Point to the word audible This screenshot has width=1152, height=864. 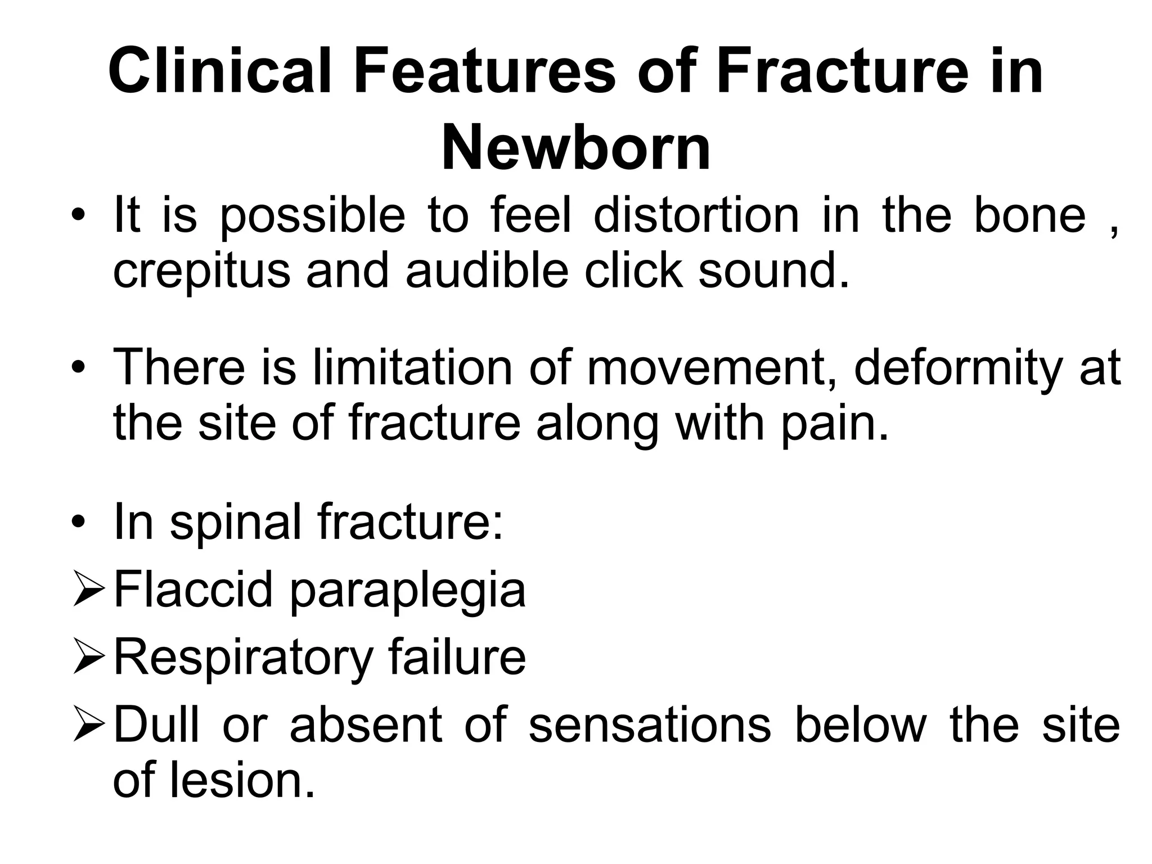(487, 270)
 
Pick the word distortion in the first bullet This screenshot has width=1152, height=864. (696, 215)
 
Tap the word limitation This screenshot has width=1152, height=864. (412, 367)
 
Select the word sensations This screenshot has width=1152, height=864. (650, 724)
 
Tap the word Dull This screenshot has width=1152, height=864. (157, 724)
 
